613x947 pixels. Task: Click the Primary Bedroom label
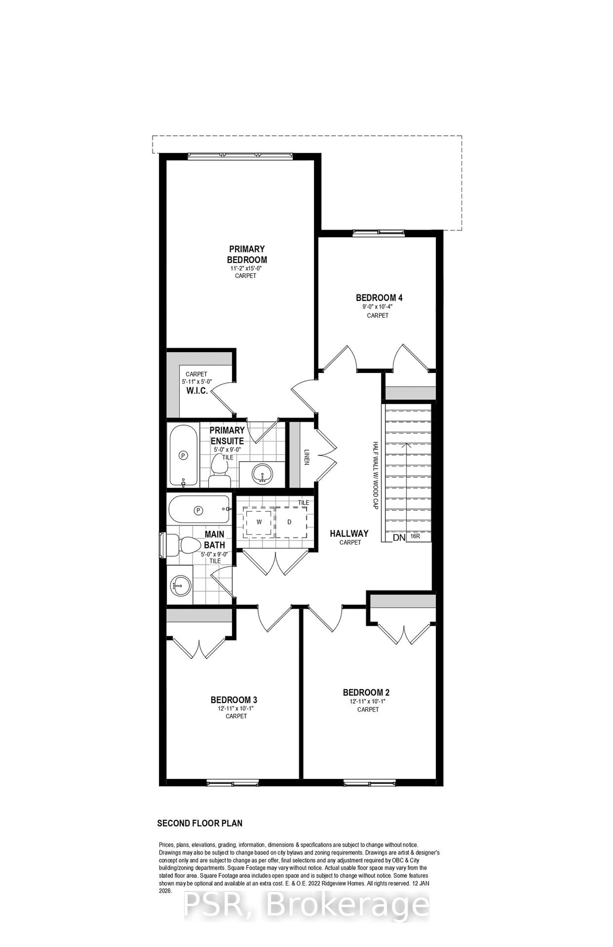[x=247, y=255]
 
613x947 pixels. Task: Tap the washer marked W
[x=259, y=522]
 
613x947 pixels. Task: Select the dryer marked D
[x=290, y=522]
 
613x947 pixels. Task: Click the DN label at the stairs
[x=399, y=538]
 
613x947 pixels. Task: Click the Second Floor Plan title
[x=200, y=823]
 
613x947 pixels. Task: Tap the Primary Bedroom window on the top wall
[x=240, y=156]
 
